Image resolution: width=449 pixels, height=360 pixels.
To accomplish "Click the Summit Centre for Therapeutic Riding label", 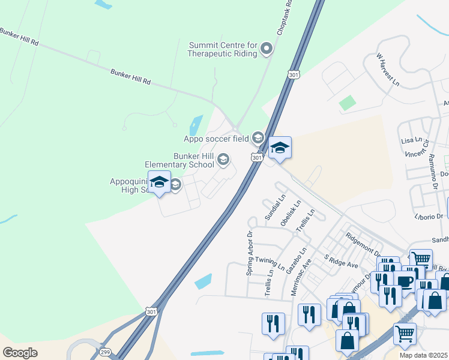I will [223, 49].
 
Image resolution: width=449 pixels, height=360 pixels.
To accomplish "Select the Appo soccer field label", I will [216, 139].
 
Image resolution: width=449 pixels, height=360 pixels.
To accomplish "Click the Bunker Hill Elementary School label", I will [179, 160].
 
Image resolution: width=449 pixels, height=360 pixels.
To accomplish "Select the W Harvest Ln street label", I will [387, 69].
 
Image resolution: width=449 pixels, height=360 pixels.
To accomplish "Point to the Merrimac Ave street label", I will [302, 277].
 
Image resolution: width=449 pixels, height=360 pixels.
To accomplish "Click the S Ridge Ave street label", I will [340, 261].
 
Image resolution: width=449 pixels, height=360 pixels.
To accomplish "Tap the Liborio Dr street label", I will [428, 216].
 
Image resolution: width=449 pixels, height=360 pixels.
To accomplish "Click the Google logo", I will [20, 353].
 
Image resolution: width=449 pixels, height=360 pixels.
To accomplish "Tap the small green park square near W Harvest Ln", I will [347, 103].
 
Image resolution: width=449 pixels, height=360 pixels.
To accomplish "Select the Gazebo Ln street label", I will [296, 261].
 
